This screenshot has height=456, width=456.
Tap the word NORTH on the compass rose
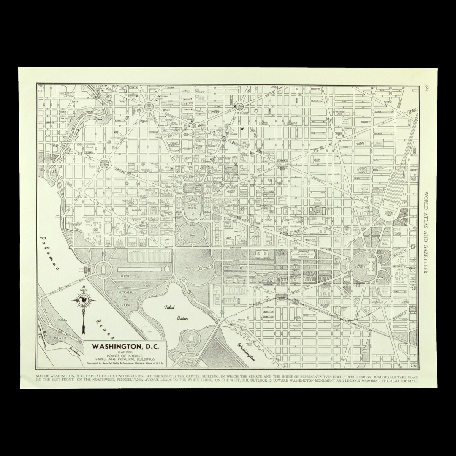[x=83, y=291]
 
